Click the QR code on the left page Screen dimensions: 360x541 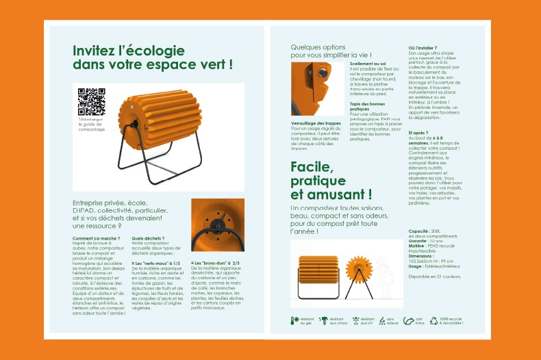(x=91, y=102)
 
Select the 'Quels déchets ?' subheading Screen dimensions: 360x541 (x=149, y=238)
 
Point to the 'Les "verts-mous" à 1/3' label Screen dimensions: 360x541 (x=156, y=263)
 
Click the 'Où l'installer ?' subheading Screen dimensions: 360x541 (x=422, y=47)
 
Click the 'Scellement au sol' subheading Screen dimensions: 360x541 (x=368, y=64)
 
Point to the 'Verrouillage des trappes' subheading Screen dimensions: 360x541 (x=314, y=123)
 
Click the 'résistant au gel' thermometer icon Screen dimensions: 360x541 (x=295, y=320)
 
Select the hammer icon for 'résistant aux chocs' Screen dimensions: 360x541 (x=323, y=320)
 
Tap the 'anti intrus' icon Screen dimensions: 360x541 (x=410, y=320)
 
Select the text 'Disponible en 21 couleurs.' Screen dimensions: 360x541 (x=434, y=277)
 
